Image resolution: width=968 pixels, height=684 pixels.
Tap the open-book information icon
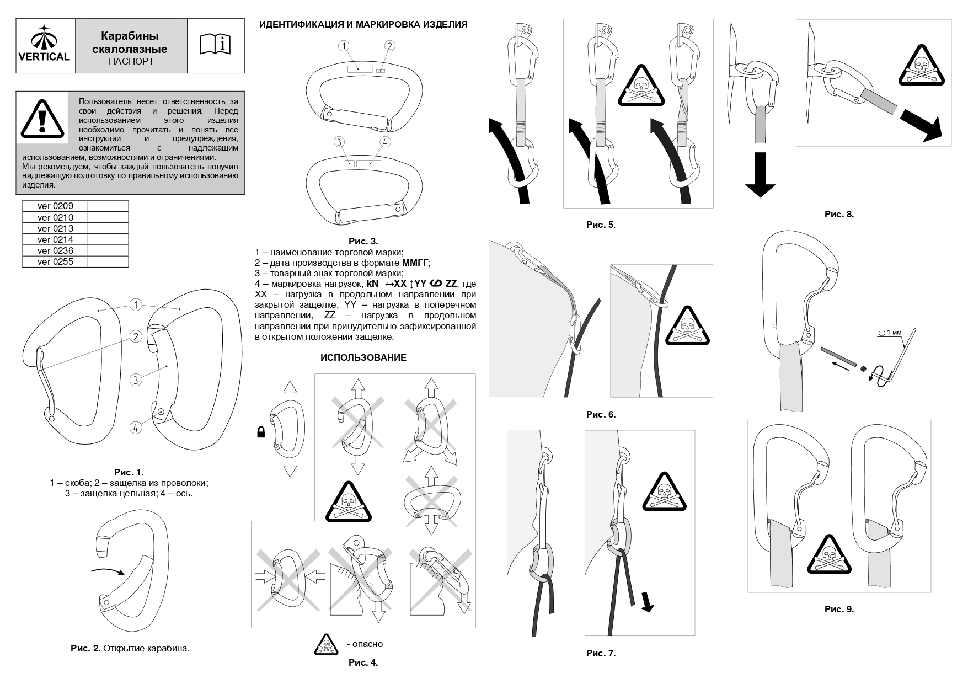coord(215,45)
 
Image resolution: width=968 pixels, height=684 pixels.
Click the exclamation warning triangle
coord(42,119)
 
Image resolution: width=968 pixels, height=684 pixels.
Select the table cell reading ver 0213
coord(55,228)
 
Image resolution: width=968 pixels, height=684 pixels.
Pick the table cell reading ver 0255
coord(55,262)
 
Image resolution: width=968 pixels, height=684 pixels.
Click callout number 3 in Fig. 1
coord(136,380)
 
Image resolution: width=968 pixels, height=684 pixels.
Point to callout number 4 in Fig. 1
coord(136,427)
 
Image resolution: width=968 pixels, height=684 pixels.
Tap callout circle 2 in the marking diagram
coord(389,46)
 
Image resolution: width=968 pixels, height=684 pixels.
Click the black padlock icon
coord(261,432)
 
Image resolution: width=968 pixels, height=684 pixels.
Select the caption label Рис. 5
coord(600,225)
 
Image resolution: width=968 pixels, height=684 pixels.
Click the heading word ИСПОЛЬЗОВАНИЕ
coord(363,357)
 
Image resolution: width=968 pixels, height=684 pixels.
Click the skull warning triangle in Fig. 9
coord(828,555)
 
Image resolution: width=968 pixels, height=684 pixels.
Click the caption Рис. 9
coord(839,609)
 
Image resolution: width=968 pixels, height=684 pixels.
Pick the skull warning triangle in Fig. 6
coord(687,327)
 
